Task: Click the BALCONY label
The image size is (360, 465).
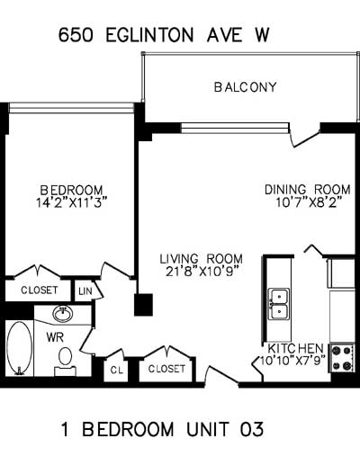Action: (245, 87)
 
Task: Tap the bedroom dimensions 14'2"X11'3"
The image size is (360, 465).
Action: (72, 203)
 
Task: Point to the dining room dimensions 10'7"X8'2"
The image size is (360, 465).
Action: (309, 203)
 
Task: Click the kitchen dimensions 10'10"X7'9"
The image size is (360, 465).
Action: (292, 360)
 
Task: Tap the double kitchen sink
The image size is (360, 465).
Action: (279, 304)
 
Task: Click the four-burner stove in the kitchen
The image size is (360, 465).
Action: (342, 358)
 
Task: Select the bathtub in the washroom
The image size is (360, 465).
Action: (20, 348)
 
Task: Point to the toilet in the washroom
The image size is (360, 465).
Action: (65, 362)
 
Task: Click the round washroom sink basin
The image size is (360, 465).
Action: (63, 314)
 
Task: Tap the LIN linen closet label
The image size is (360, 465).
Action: (85, 291)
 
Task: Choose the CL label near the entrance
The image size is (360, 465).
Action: (117, 370)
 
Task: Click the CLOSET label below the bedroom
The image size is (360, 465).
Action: (39, 290)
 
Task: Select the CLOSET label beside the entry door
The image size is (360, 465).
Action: (166, 369)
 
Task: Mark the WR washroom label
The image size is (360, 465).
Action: (55, 337)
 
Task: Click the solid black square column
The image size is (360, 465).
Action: (143, 305)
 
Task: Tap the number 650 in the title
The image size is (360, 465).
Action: (76, 35)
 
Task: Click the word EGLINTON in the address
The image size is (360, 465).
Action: (149, 35)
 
